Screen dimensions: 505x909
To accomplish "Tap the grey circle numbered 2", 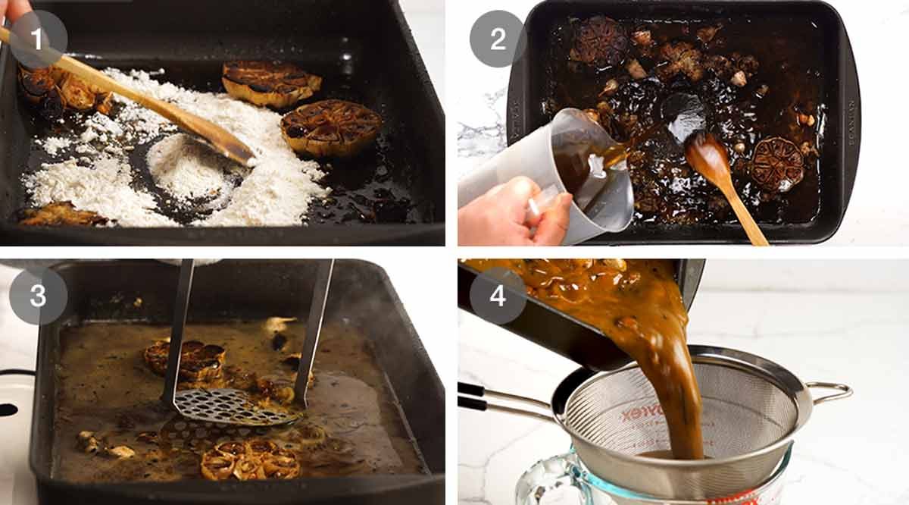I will pyautogui.click(x=498, y=39).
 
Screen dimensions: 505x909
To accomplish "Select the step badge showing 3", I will pyautogui.click(x=38, y=296).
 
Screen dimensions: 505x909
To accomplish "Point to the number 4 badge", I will pyautogui.click(x=498, y=296).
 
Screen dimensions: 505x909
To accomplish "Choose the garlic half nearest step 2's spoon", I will pyautogui.click(x=776, y=163).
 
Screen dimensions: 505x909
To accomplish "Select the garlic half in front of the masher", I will pyautogui.click(x=250, y=459).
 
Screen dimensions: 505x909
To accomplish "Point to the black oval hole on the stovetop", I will pyautogui.click(x=8, y=409).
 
